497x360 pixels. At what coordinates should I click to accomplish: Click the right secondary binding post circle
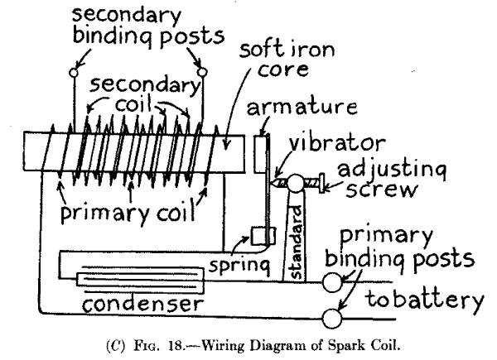tap(200, 72)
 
